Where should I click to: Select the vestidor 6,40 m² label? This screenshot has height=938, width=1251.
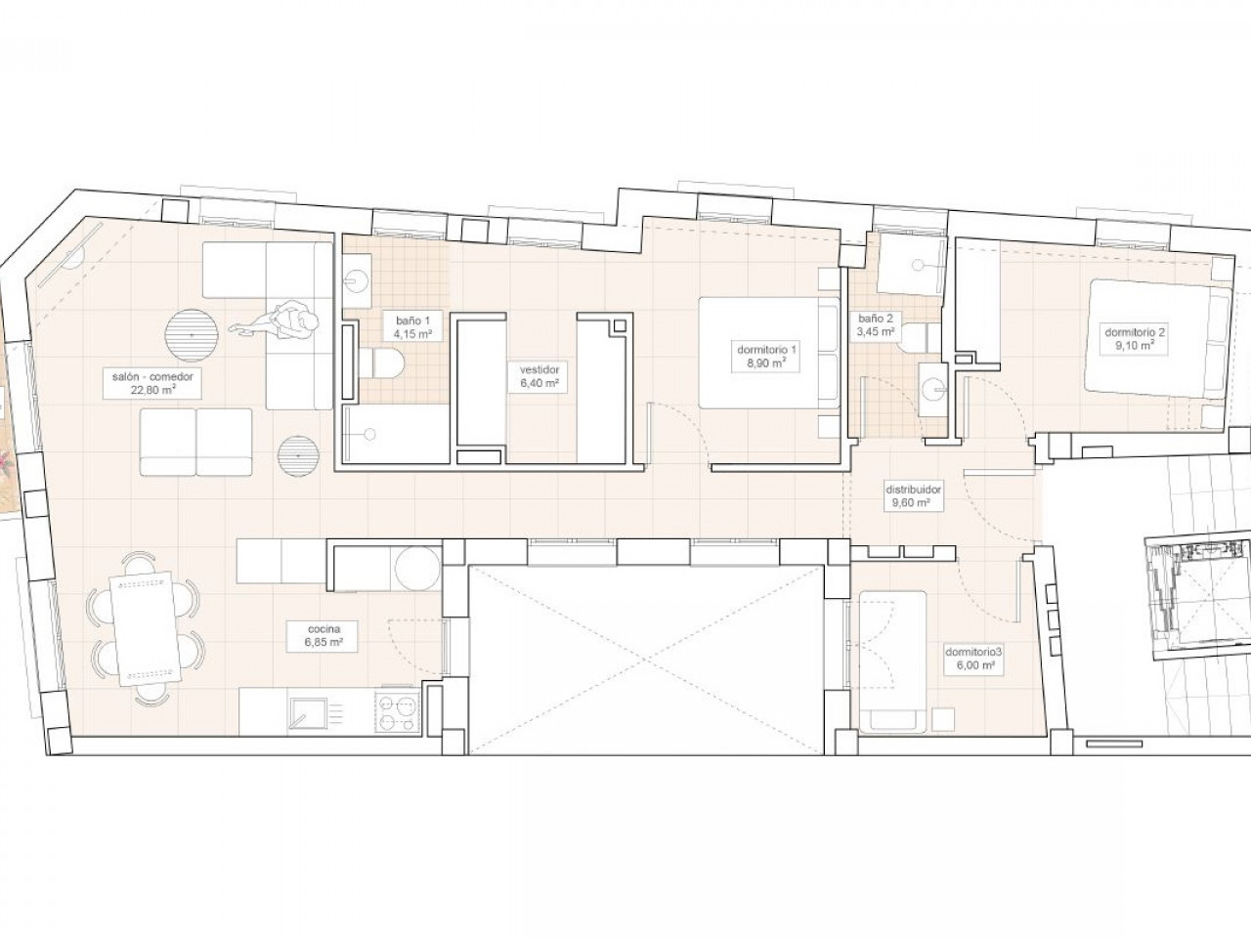coord(539,376)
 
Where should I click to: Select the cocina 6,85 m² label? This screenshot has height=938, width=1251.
coord(324,636)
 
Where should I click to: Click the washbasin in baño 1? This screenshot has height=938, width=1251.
coord(358,281)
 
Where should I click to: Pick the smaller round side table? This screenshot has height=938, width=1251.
coord(297,455)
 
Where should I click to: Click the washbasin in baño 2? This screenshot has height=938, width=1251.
coord(933,391)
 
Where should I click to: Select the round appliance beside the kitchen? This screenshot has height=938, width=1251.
coord(417,570)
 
